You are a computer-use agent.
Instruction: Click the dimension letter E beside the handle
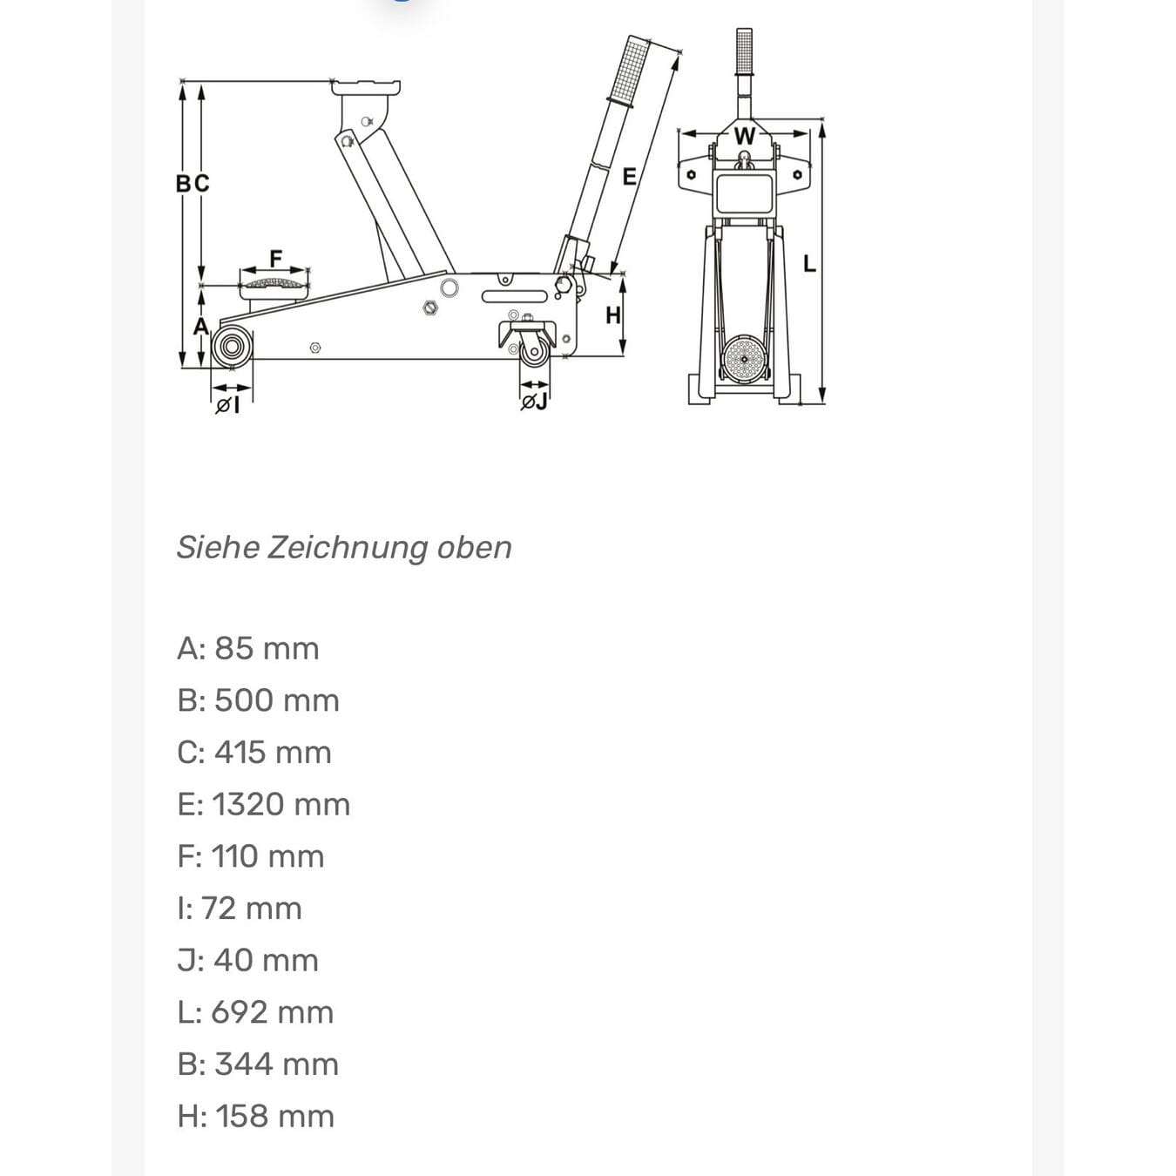coord(629,177)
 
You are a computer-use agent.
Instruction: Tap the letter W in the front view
coord(744,137)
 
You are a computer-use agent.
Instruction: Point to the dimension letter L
coord(809,262)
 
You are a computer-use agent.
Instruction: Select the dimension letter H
coord(613,315)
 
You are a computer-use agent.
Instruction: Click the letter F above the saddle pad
coord(276,259)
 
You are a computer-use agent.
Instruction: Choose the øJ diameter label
coord(534,402)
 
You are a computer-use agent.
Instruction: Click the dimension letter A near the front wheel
coord(200,327)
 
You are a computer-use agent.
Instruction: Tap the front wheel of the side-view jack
coord(232,347)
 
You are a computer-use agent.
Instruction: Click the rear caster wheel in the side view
coord(534,350)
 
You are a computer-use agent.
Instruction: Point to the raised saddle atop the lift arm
coord(367,88)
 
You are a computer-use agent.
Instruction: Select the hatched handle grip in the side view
coord(634,70)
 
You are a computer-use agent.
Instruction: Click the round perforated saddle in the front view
coord(744,357)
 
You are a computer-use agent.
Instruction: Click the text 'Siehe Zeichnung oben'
coord(344,547)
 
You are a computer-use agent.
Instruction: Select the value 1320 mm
coord(281,804)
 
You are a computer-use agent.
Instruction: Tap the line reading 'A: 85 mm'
coord(248,648)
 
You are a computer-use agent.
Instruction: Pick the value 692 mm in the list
coord(273,1012)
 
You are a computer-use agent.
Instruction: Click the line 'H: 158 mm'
coord(256,1116)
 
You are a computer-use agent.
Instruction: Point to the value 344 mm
coord(276,1064)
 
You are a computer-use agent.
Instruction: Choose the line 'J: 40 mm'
coord(248,960)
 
